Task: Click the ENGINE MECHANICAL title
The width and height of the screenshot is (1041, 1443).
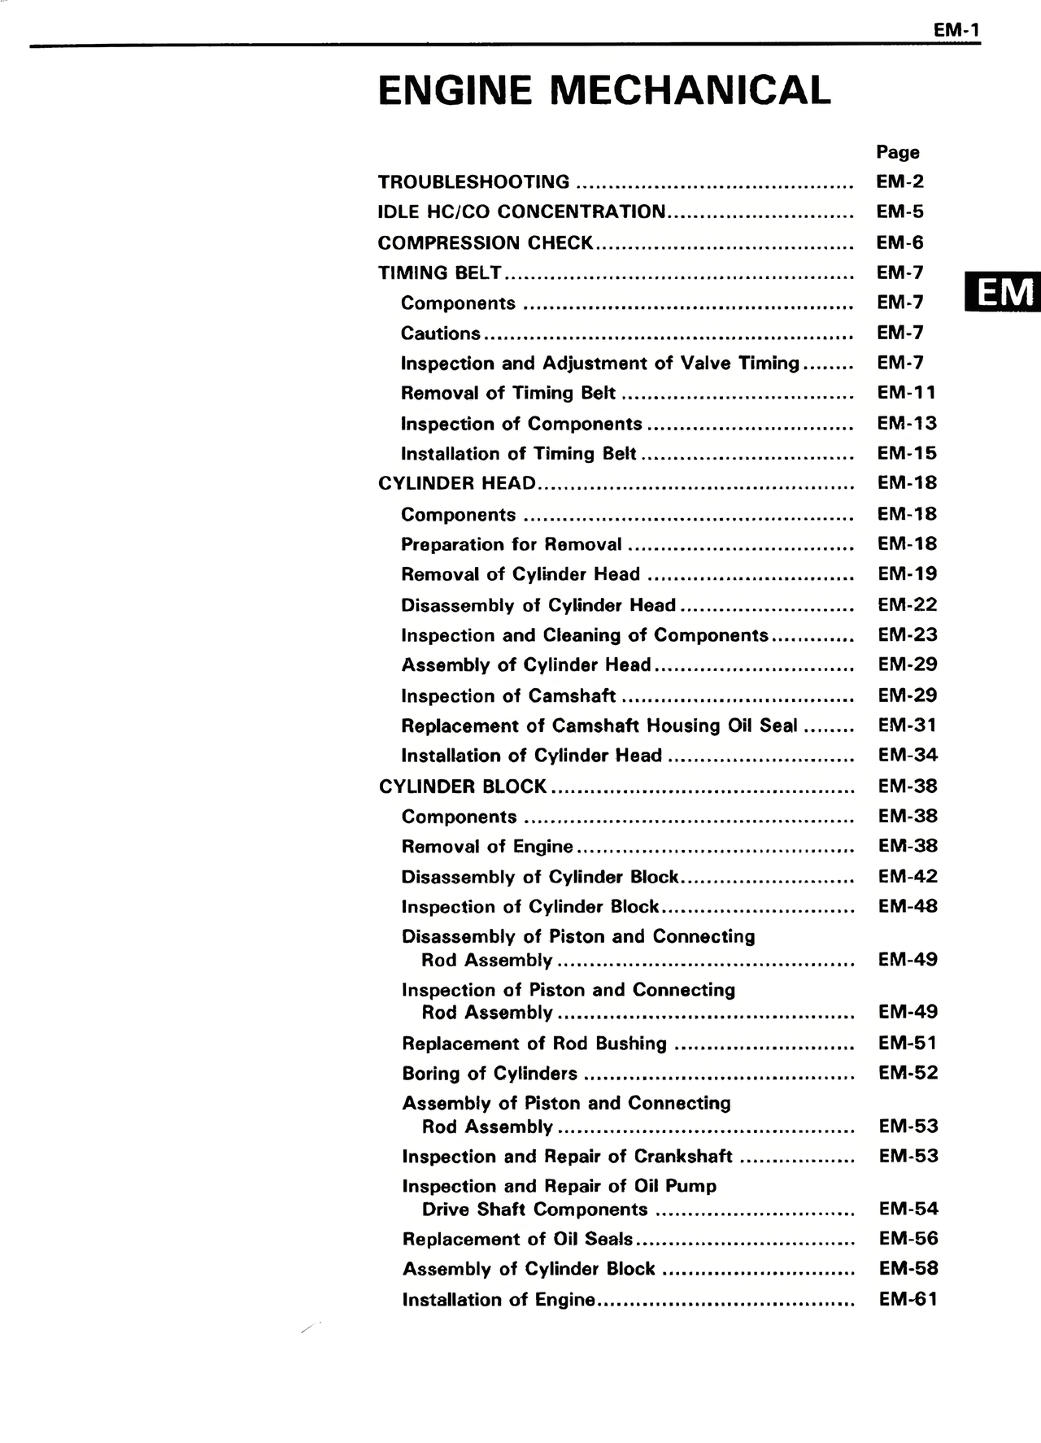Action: pos(604,90)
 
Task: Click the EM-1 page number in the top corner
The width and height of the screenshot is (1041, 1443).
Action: pos(956,31)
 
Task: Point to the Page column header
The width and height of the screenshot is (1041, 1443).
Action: pos(898,152)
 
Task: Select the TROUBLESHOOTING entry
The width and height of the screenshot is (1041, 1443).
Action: pos(474,182)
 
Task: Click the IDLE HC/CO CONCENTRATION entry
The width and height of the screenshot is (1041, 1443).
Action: pos(521,212)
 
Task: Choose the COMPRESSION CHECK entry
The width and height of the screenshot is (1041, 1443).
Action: pos(486,242)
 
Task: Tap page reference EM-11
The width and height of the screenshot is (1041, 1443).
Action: pos(906,393)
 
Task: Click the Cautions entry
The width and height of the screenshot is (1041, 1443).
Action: pos(441,334)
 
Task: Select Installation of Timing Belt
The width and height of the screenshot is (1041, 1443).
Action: pos(518,454)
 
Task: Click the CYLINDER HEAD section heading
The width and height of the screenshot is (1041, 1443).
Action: pos(457,483)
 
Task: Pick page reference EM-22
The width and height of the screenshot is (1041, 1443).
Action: pos(907,604)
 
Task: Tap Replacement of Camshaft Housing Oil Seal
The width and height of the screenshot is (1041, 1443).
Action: pos(599,726)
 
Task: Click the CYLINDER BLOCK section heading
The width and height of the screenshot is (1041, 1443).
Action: pos(463,787)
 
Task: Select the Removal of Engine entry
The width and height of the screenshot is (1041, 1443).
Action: pos(487,847)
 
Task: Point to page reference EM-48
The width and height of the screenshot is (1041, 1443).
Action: pos(908,906)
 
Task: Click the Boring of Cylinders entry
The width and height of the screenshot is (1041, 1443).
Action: pos(490,1074)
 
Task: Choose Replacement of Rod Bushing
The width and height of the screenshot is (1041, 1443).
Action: pos(534,1044)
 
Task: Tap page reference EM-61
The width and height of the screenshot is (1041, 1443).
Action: pos(908,1299)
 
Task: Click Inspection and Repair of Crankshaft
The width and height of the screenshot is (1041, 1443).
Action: pos(567,1157)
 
